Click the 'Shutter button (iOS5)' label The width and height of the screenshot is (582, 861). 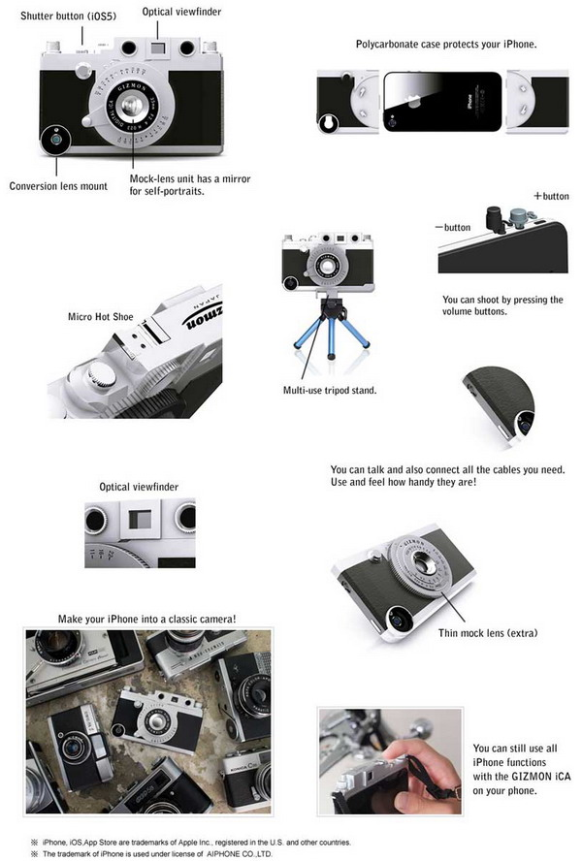point(68,16)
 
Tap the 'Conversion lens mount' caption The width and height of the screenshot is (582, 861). point(58,186)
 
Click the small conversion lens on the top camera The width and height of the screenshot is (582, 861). point(56,140)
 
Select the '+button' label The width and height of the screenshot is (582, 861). point(551,196)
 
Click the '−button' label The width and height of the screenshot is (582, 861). point(452,227)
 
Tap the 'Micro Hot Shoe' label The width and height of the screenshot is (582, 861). point(101,317)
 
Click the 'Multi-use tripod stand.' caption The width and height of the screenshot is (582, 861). point(330,391)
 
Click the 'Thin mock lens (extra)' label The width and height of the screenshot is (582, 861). point(488,633)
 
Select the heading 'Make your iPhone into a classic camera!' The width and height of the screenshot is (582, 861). point(146,619)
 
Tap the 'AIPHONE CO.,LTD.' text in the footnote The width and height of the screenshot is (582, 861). point(239,854)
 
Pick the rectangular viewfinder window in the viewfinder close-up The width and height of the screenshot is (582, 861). point(140,520)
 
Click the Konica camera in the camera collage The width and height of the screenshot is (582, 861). point(246,777)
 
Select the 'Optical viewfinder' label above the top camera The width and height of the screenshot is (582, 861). point(181,12)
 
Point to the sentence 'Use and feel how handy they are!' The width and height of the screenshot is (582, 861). point(404,482)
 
